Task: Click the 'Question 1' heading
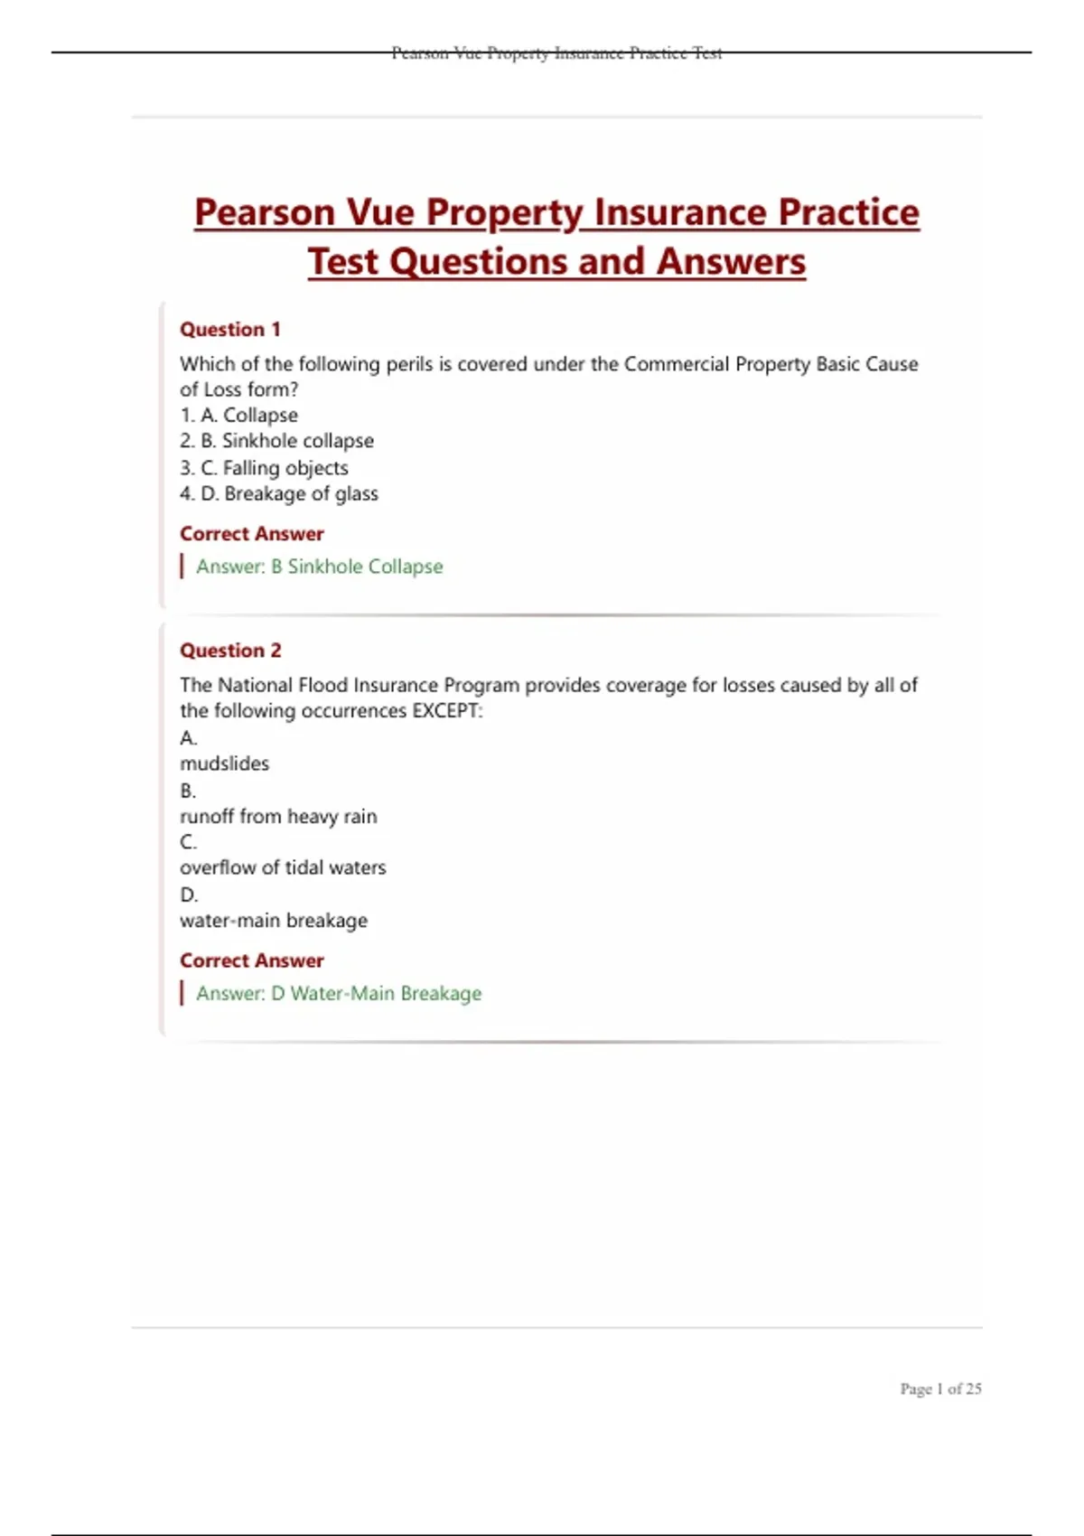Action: (x=230, y=330)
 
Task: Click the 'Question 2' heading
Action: (x=230, y=651)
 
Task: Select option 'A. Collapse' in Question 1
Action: (x=248, y=416)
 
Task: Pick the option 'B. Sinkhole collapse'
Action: (x=286, y=441)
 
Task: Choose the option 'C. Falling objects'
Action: (x=274, y=468)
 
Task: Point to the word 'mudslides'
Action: (x=224, y=764)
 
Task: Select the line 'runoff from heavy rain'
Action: (x=278, y=817)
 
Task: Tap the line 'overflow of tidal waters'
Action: (x=283, y=868)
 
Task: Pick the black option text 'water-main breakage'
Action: (x=274, y=921)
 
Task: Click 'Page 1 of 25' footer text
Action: (x=940, y=1389)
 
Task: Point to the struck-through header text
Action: (x=556, y=53)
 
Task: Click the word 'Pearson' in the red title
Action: (x=265, y=213)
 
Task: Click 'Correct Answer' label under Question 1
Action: (x=251, y=534)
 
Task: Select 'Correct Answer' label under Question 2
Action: (x=251, y=961)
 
